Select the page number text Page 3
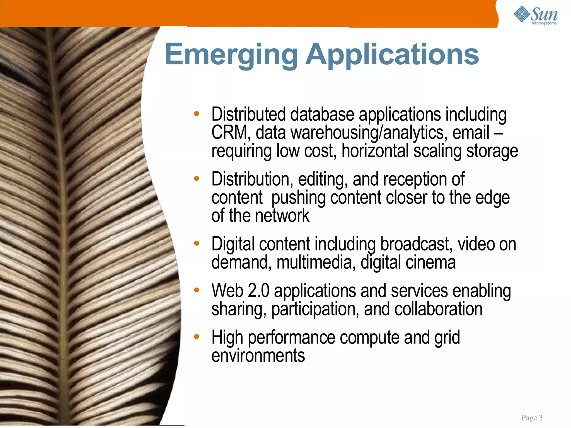click(532, 417)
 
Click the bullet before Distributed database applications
click(197, 114)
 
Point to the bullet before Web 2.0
click(197, 290)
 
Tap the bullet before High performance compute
click(197, 337)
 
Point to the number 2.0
click(258, 291)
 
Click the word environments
click(258, 356)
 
